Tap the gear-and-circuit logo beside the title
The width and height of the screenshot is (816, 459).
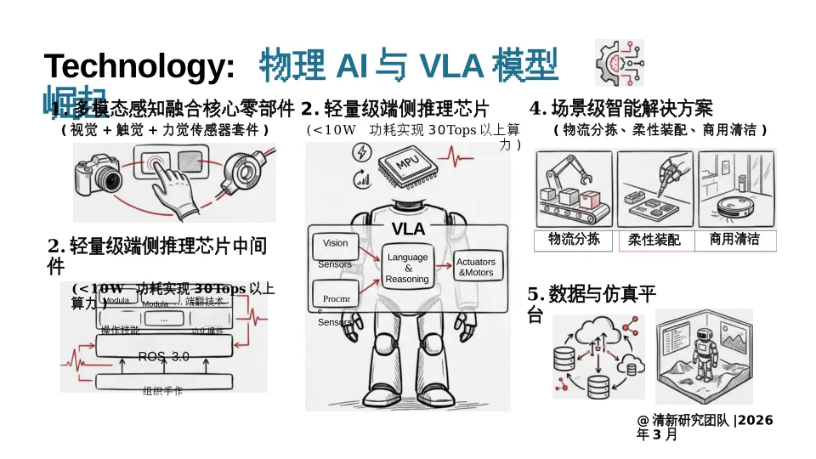click(619, 62)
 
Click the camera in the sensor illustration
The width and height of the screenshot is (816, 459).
click(100, 175)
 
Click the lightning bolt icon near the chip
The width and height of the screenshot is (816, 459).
click(361, 152)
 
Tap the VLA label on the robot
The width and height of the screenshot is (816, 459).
click(408, 229)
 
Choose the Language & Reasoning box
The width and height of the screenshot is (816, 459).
click(407, 268)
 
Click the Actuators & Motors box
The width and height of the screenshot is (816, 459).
click(475, 268)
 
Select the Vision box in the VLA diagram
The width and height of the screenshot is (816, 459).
click(336, 243)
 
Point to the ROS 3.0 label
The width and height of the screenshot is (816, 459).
click(163, 357)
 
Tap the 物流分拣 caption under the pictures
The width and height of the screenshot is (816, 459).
click(574, 240)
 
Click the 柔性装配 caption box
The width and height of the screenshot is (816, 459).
click(654, 241)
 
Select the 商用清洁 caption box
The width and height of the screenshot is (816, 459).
click(734, 240)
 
